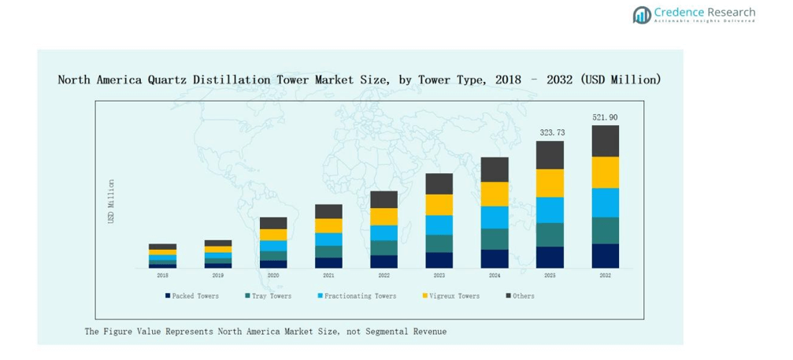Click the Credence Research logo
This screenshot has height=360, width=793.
pyautogui.click(x=693, y=14)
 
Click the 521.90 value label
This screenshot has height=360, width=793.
pyautogui.click(x=605, y=117)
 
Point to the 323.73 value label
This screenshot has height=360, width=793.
pyautogui.click(x=550, y=133)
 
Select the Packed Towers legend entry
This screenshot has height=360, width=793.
pyautogui.click(x=192, y=296)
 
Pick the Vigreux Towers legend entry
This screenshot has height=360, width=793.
pyautogui.click(x=451, y=296)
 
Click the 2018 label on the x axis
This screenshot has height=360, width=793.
pyautogui.click(x=162, y=276)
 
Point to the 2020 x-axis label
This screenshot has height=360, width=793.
pyautogui.click(x=273, y=276)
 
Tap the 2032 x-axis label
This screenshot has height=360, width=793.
pyautogui.click(x=605, y=276)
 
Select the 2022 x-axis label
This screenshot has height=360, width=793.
pyautogui.click(x=384, y=276)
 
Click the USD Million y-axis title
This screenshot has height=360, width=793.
pyautogui.click(x=111, y=201)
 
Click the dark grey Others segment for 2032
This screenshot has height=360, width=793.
pyautogui.click(x=605, y=141)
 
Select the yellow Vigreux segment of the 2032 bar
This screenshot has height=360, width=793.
pyautogui.click(x=605, y=173)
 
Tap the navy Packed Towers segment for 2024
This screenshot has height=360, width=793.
pyautogui.click(x=495, y=259)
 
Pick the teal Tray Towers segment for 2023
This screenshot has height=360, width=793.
pyautogui.click(x=439, y=243)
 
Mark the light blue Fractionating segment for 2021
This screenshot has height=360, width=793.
pyautogui.click(x=328, y=239)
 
